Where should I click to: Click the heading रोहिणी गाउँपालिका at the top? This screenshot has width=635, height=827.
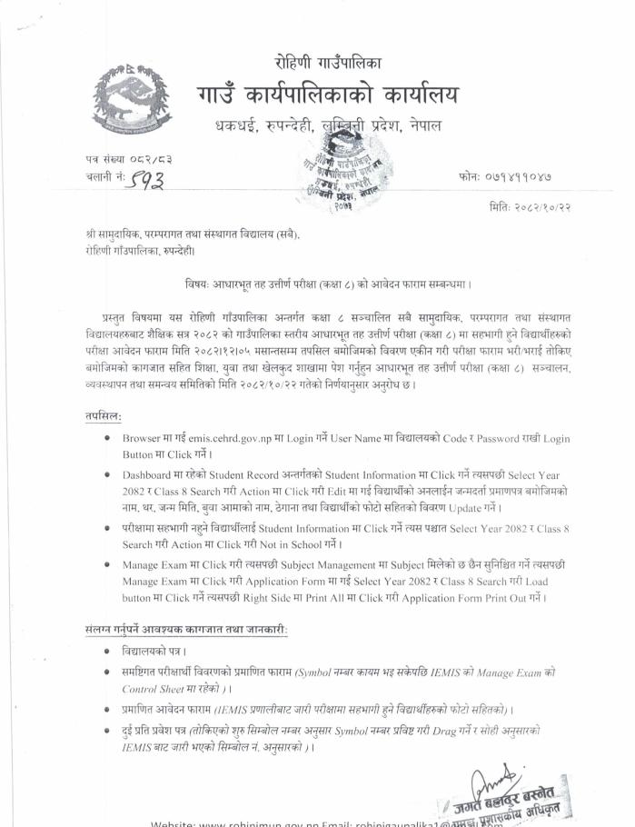click(x=328, y=63)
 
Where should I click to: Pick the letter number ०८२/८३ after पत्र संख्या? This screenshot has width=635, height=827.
click(x=146, y=160)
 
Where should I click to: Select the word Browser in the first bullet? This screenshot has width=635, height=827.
click(x=145, y=438)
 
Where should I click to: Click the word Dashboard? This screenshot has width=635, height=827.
click(x=151, y=475)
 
